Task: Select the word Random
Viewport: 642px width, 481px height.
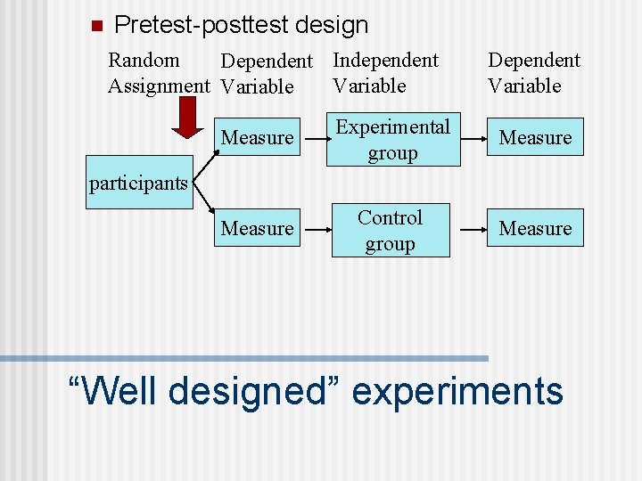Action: (144, 61)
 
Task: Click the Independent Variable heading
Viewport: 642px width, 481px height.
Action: (385, 73)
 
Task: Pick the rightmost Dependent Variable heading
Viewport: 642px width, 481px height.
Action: (533, 73)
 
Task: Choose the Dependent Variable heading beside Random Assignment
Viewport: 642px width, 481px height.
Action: (267, 74)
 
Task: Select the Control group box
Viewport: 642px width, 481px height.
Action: (391, 231)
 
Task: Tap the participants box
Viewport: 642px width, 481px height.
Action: (139, 184)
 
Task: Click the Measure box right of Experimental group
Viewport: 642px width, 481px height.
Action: (535, 138)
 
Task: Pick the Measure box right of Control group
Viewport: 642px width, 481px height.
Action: (535, 229)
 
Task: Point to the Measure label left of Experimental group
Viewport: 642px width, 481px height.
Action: (257, 138)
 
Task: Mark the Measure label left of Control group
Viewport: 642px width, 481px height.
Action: (257, 229)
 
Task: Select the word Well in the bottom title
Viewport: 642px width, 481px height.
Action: (118, 391)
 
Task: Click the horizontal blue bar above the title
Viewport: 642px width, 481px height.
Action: (244, 358)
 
